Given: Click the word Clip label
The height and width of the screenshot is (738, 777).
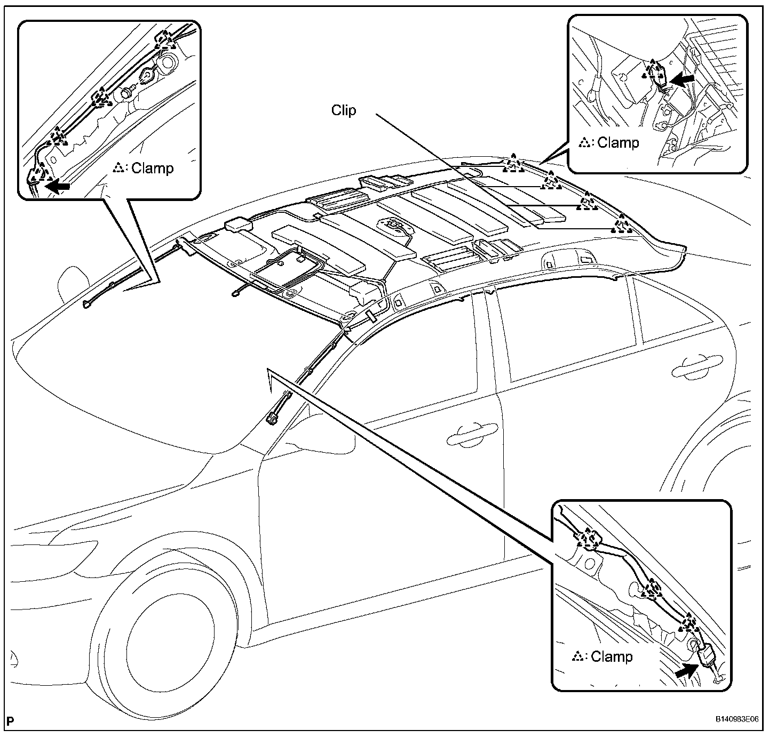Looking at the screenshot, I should pos(343,110).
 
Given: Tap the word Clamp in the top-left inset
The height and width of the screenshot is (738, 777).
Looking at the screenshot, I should pos(152,168).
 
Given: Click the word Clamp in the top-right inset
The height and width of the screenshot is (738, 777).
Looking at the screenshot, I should pos(618,142).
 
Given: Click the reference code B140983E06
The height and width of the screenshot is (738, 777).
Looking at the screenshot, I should pos(737,719).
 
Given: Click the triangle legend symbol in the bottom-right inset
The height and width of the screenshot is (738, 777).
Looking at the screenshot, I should pos(576,656).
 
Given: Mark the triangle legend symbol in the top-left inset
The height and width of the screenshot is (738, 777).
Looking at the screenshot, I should pos(119,168).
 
